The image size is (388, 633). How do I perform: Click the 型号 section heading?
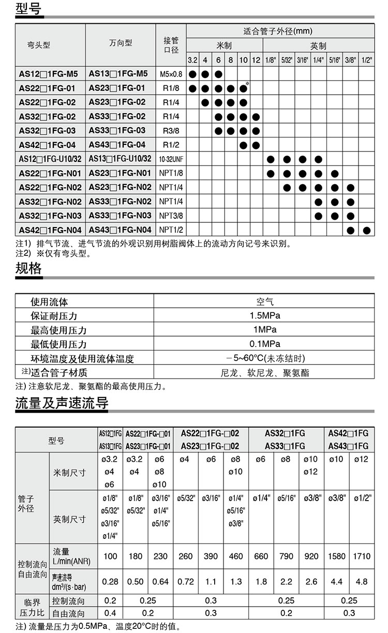(x=28, y=9)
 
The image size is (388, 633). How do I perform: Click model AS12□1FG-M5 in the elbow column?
(x=48, y=74)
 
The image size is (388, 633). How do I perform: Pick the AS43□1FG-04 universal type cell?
(x=120, y=144)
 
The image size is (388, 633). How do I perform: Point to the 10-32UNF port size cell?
(x=171, y=159)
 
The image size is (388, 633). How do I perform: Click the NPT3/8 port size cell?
(x=171, y=215)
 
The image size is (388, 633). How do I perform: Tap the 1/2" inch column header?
(x=367, y=60)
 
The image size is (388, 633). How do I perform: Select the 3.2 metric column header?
(x=192, y=60)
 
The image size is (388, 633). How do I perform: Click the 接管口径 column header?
(x=171, y=45)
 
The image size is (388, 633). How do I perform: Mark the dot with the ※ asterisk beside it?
(x=243, y=88)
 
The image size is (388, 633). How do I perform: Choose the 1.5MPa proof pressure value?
(x=264, y=316)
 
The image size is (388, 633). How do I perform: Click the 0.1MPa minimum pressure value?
(x=264, y=344)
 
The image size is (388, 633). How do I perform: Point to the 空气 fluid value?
(x=264, y=302)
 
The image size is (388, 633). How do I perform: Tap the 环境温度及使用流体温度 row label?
(x=82, y=358)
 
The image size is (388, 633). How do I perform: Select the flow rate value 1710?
(x=362, y=556)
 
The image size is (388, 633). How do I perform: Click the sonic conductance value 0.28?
(x=110, y=582)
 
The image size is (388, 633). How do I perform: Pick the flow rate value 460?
(x=236, y=556)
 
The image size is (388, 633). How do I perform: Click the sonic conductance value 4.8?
(x=362, y=582)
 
